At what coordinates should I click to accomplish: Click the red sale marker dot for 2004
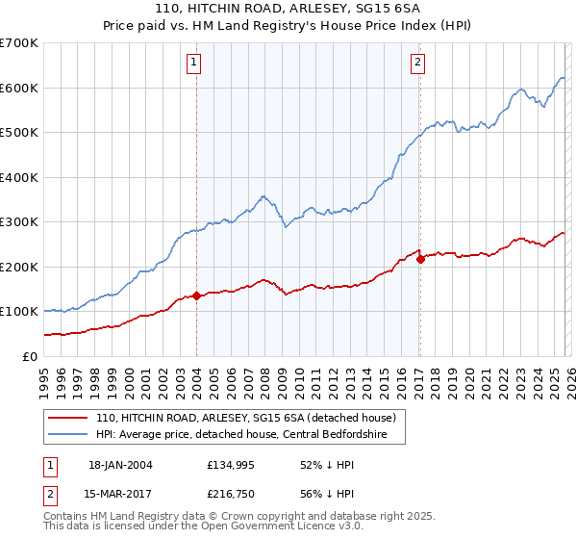pos(196,296)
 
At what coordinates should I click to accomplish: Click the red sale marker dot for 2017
pos(420,259)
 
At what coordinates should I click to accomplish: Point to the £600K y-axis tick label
pos(19,88)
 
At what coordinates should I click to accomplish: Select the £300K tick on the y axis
pos(19,222)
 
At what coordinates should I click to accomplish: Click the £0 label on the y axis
pos(29,356)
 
